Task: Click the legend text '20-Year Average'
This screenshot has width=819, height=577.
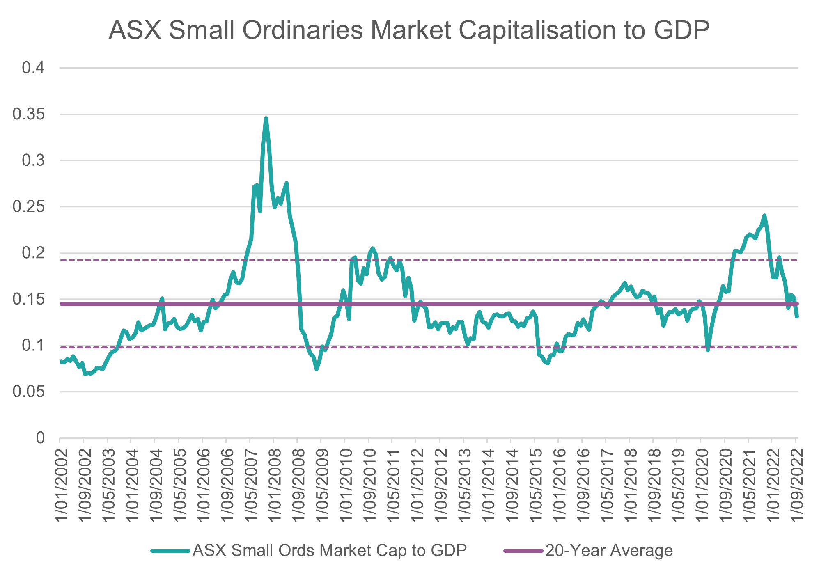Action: click(x=609, y=550)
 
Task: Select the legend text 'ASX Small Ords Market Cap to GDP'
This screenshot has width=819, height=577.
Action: click(x=329, y=550)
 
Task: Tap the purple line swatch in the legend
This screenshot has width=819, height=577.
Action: click(x=524, y=550)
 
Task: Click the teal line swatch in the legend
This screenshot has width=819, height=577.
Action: click(x=170, y=550)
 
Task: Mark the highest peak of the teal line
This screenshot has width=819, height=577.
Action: click(x=266, y=119)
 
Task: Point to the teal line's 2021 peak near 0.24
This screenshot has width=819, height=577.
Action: click(x=764, y=215)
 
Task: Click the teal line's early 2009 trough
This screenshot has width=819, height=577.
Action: click(x=317, y=369)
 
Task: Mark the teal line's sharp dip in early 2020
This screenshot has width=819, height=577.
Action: click(x=708, y=350)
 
